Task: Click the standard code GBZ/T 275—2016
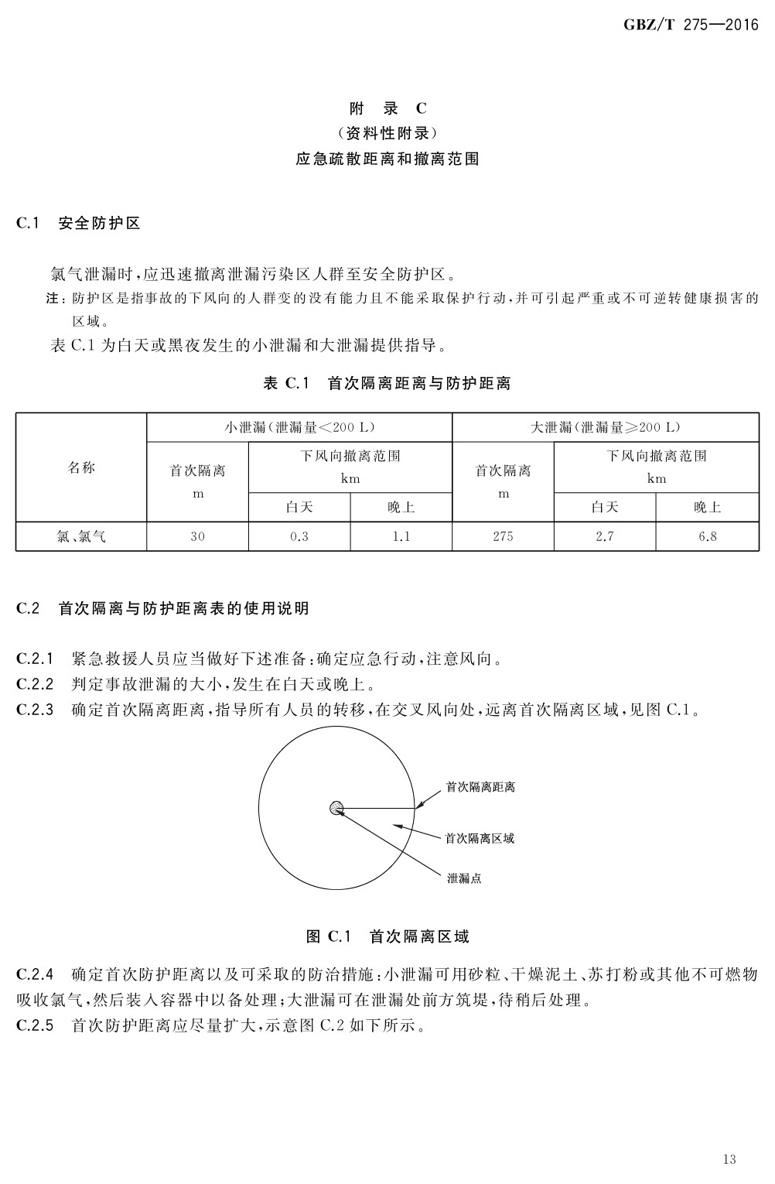[691, 26]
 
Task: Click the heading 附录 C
[387, 108]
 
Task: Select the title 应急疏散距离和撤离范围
[387, 159]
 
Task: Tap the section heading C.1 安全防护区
[78, 224]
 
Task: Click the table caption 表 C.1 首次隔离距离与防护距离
[387, 383]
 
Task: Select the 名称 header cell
[81, 467]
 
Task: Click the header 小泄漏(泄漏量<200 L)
[299, 427]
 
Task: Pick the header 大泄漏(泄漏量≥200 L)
[605, 427]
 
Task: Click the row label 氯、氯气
[81, 536]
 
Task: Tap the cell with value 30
[197, 536]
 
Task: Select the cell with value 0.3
[299, 536]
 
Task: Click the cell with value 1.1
[401, 536]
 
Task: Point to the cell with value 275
[503, 536]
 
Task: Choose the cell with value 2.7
[605, 536]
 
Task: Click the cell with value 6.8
[707, 536]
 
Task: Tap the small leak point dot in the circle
[336, 809]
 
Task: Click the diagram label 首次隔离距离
[480, 787]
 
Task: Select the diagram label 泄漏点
[464, 879]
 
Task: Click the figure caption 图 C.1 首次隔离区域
[387, 936]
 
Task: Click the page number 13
[729, 1158]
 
